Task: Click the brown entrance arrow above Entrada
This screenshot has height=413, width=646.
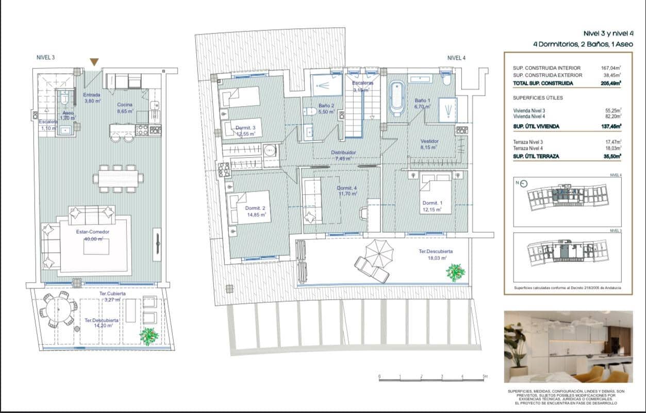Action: tap(94, 62)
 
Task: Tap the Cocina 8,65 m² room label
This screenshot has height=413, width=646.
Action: tap(125, 107)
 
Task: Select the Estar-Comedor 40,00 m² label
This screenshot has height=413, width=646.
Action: tap(93, 235)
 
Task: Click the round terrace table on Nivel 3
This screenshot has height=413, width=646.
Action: tap(58, 309)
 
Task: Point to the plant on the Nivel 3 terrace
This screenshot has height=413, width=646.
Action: tap(149, 336)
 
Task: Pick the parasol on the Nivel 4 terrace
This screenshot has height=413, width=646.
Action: tap(379, 252)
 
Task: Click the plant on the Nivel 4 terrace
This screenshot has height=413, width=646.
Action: tap(455, 272)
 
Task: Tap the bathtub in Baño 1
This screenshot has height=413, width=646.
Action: tap(397, 97)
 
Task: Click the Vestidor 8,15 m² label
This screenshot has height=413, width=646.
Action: tap(429, 144)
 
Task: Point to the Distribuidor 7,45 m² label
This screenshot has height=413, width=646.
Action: tap(343, 156)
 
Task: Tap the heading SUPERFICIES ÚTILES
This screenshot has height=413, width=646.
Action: tap(538, 98)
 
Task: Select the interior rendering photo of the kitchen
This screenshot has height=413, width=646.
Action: tap(568, 346)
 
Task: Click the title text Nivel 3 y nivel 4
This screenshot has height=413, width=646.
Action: tap(608, 33)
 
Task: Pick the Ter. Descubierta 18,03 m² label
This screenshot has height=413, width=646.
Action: tap(432, 255)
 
